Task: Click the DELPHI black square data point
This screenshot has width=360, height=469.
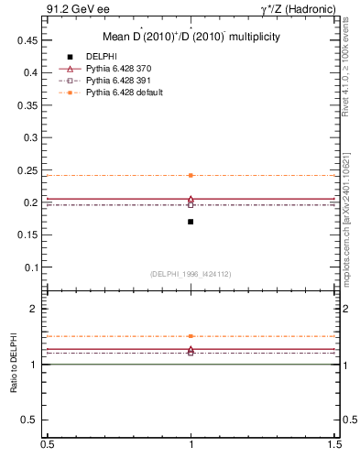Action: click(191, 222)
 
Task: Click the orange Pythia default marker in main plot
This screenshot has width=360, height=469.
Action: click(191, 175)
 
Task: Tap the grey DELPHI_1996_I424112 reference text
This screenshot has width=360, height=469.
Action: click(191, 274)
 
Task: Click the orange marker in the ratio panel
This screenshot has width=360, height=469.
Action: click(191, 336)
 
